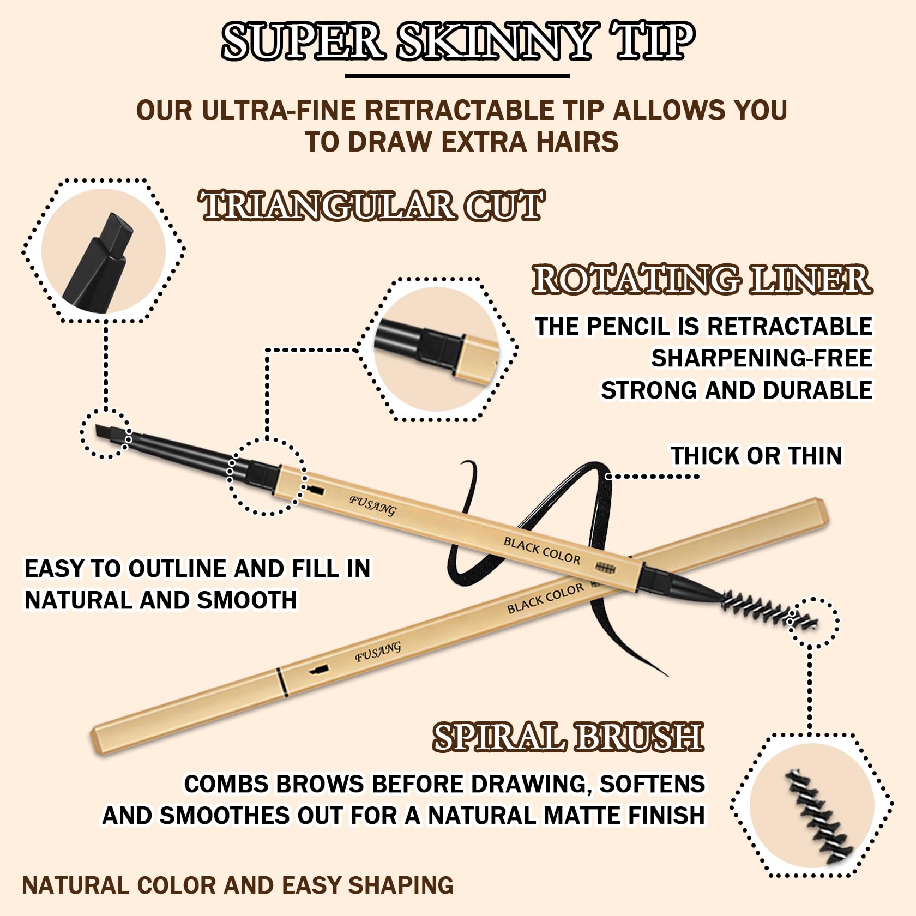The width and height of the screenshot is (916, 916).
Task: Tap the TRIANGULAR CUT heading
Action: pyautogui.click(x=372, y=206)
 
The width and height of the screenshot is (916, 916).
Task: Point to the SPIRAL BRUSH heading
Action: pyautogui.click(x=568, y=737)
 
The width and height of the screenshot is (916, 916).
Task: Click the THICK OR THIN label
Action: pyautogui.click(x=756, y=455)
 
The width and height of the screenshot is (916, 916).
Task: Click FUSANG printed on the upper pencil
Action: pyautogui.click(x=372, y=505)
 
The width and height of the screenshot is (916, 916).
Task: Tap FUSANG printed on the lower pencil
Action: pyautogui.click(x=378, y=651)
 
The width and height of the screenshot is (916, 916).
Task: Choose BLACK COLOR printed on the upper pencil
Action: pyautogui.click(x=542, y=550)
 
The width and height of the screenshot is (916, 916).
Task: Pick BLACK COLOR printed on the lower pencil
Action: pyautogui.click(x=545, y=598)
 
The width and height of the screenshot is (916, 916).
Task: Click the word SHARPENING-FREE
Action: pyautogui.click(x=762, y=358)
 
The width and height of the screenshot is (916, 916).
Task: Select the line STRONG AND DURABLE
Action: pyautogui.click(x=737, y=390)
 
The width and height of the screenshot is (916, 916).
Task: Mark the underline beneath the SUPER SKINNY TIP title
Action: pyautogui.click(x=457, y=76)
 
